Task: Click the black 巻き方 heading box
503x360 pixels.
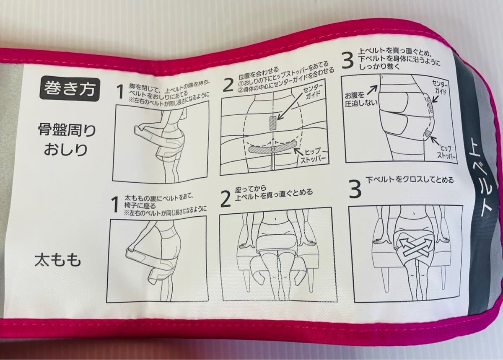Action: click(x=70, y=89)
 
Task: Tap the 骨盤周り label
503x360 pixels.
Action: click(x=67, y=130)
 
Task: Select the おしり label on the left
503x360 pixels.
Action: click(x=65, y=150)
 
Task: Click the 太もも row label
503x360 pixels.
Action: click(x=58, y=261)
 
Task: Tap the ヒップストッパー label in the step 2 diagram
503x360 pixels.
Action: click(x=312, y=157)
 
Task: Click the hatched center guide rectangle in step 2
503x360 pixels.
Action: click(x=272, y=123)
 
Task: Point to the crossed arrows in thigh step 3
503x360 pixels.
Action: click(x=410, y=248)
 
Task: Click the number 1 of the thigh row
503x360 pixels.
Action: click(x=115, y=205)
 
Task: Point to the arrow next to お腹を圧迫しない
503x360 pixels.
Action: click(x=371, y=91)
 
